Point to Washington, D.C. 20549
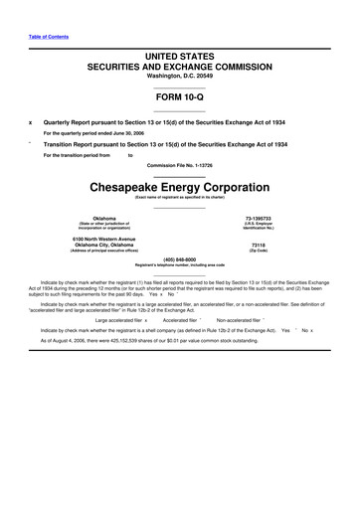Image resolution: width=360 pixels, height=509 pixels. click(179, 77)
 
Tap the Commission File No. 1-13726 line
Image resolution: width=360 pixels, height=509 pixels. click(179, 164)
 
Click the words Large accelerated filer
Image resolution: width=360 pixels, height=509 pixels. click(118, 320)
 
